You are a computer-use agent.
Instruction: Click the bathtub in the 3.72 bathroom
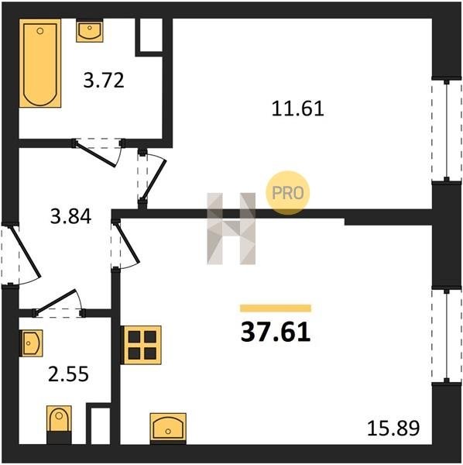(40, 63)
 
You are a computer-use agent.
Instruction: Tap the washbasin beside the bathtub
(90, 31)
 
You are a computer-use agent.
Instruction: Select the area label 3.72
(104, 81)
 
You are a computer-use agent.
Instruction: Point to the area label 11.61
(298, 108)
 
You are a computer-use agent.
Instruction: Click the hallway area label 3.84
(70, 216)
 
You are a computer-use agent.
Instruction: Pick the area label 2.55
(68, 374)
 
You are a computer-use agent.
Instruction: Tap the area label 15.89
(393, 429)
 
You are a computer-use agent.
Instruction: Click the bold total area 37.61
(276, 332)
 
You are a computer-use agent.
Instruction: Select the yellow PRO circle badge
(288, 193)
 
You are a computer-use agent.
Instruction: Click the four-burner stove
(141, 345)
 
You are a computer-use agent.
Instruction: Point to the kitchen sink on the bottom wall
(168, 429)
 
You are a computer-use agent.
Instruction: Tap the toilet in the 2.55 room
(59, 424)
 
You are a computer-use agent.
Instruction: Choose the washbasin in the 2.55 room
(31, 343)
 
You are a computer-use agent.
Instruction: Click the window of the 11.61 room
(447, 130)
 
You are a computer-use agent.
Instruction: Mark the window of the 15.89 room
(447, 336)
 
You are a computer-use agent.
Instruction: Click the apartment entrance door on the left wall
(21, 255)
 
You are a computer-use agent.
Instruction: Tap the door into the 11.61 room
(151, 178)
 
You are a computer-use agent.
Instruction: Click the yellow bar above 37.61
(276, 308)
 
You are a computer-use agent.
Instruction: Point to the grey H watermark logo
(231, 229)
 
